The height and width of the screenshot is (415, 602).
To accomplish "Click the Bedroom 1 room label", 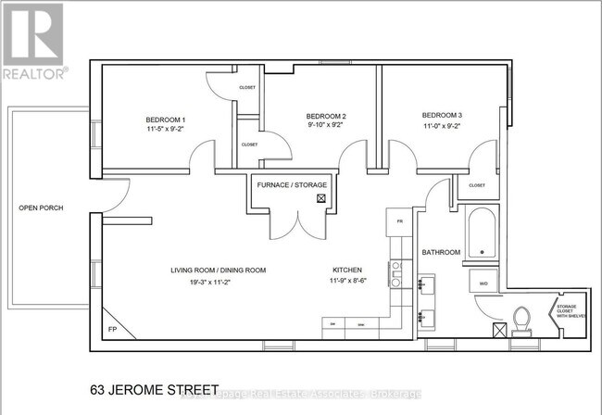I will [x=166, y=120].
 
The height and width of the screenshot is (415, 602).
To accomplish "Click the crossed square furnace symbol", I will [x=321, y=197].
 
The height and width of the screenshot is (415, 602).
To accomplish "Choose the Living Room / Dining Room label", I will [x=218, y=270].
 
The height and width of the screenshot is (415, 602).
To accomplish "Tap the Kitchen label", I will [x=348, y=270].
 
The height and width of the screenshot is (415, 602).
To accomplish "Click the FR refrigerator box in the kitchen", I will [x=399, y=223].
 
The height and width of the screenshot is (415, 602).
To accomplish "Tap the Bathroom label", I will [x=442, y=252].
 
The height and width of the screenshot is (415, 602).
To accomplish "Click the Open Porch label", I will [x=41, y=207].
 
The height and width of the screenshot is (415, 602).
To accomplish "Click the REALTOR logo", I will [x=33, y=42].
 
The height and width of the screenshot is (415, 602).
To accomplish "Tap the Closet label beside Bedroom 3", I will [x=477, y=185].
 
